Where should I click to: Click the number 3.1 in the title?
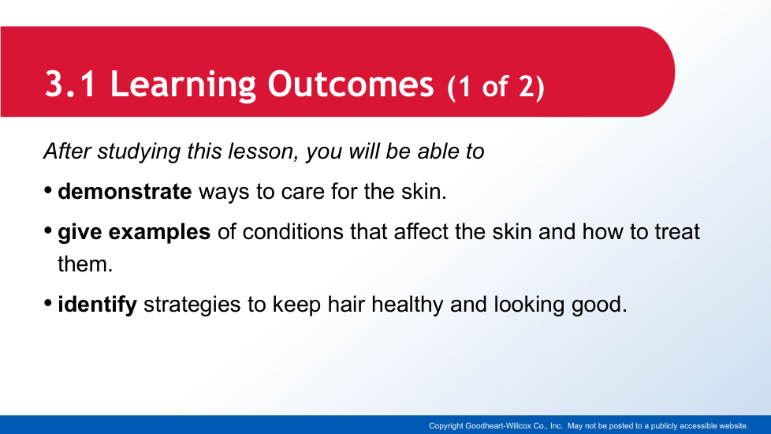tap(70, 84)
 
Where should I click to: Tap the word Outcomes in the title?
tap(351, 84)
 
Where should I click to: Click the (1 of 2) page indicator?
tap(496, 87)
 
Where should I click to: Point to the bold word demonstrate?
tap(125, 192)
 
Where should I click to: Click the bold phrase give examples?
tap(134, 232)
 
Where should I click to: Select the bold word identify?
tap(97, 305)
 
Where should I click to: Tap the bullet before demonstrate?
tap(48, 190)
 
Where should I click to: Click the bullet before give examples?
tap(48, 230)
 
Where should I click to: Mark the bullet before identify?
tap(48, 303)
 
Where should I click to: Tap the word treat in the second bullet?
tap(676, 232)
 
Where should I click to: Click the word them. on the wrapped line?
tap(85, 264)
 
